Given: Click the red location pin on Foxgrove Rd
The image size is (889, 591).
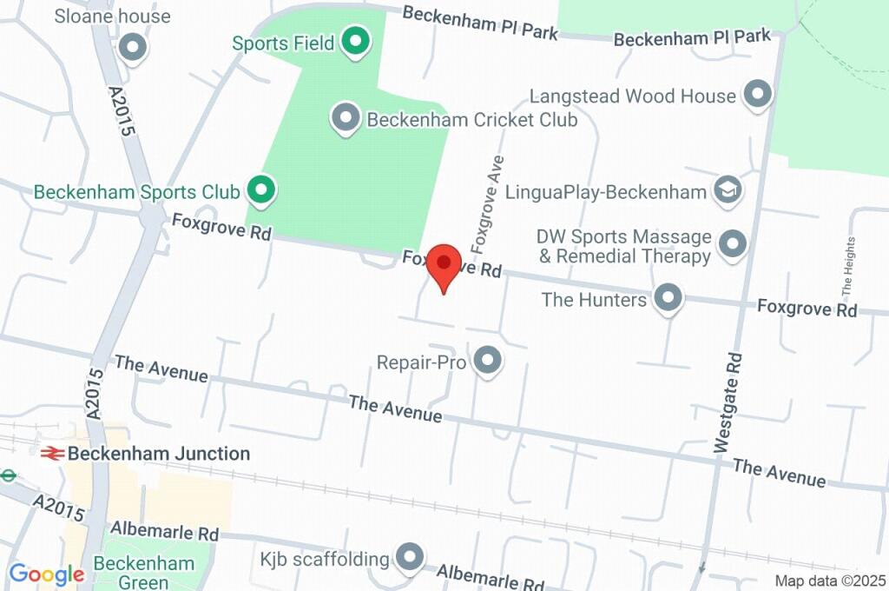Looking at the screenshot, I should click(444, 264).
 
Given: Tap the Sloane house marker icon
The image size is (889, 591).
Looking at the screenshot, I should click(133, 48).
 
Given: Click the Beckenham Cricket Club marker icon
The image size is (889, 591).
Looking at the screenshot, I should click(346, 118).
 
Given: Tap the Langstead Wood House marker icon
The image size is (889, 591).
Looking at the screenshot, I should click(758, 95).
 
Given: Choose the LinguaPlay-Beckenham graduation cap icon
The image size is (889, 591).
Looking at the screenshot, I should click(728, 191).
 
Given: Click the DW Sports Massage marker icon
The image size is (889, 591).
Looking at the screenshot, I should click(734, 245).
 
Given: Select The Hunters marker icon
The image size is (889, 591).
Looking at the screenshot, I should click(668, 299).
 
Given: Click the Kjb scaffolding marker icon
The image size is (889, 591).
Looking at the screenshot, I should click(408, 557).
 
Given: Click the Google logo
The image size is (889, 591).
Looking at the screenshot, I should click(46, 574).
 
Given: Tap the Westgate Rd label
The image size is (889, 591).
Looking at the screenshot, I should click(728, 402).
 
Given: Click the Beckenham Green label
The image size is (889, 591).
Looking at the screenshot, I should click(144, 571).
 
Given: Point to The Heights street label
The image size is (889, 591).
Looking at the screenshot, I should click(848, 266).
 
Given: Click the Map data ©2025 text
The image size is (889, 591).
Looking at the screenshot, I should click(830, 581).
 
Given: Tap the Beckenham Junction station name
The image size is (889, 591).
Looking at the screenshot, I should click(159, 453).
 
